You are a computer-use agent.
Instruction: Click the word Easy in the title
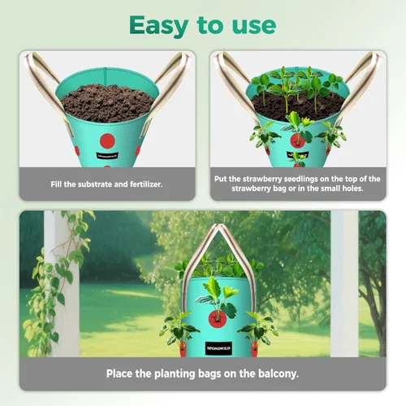[159, 26]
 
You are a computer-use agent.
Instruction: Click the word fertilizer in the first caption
[146, 184]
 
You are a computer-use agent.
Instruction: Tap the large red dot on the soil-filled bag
[107, 141]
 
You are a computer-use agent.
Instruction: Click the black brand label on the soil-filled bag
[107, 156]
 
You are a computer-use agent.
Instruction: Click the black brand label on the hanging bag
[218, 348]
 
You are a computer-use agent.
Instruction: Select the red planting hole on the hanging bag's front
[217, 318]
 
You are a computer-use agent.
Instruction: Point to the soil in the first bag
[107, 102]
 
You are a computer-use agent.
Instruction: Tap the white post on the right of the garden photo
[344, 283]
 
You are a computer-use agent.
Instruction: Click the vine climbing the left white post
[58, 282]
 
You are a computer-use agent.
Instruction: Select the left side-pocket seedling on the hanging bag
[179, 330]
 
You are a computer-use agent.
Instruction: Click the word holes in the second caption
[352, 188]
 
